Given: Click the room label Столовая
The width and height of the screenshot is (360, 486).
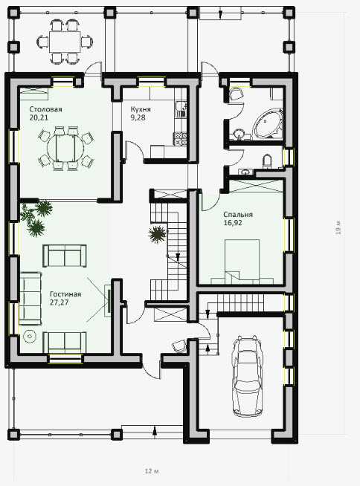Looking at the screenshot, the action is pyautogui.click(x=45, y=109).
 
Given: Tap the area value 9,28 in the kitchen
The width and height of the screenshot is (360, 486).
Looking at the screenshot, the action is pyautogui.click(x=138, y=117).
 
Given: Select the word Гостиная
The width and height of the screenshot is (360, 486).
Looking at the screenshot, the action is pyautogui.click(x=65, y=294).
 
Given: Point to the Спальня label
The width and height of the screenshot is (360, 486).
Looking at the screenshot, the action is pyautogui.click(x=238, y=215).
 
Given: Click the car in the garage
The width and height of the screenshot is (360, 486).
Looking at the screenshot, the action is pyautogui.click(x=248, y=376).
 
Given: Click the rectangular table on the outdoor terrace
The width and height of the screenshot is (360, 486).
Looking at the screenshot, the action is pyautogui.click(x=65, y=42).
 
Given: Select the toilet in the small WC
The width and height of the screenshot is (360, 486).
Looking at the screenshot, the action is pyautogui.click(x=267, y=161).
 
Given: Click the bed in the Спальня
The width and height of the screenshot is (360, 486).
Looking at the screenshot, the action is pyautogui.click(x=242, y=262).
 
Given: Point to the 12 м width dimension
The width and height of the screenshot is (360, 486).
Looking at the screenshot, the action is pyautogui.click(x=152, y=471).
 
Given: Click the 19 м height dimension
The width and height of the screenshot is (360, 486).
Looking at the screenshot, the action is pyautogui.click(x=338, y=227).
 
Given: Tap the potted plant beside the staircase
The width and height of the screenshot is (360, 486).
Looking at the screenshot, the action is pyautogui.click(x=158, y=234).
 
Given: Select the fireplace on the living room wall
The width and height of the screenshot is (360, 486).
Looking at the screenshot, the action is pyautogui.click(x=107, y=301).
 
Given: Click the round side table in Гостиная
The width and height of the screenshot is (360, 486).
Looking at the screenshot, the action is pyautogui.click(x=30, y=336).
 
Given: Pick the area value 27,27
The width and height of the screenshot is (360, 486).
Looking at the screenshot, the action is pyautogui.click(x=59, y=302).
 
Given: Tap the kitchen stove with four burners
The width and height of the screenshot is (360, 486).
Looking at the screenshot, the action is pyautogui.click(x=181, y=138).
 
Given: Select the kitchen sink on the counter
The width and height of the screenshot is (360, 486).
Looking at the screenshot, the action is pyautogui.click(x=181, y=110).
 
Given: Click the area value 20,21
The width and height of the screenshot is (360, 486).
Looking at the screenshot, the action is pyautogui.click(x=39, y=117).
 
